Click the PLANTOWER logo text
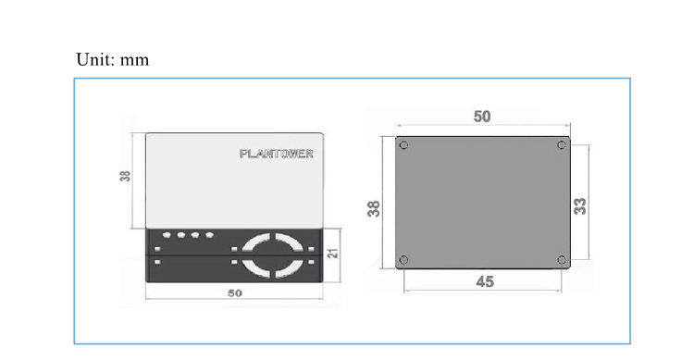click(277, 154)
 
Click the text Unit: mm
click(112, 59)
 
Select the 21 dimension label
click(333, 254)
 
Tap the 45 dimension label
click(485, 281)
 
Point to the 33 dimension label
click(580, 206)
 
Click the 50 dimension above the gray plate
click(482, 117)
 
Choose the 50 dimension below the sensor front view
click(235, 293)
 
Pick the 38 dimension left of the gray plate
click(374, 208)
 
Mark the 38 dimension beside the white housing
click(125, 176)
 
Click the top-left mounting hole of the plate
click(403, 144)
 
